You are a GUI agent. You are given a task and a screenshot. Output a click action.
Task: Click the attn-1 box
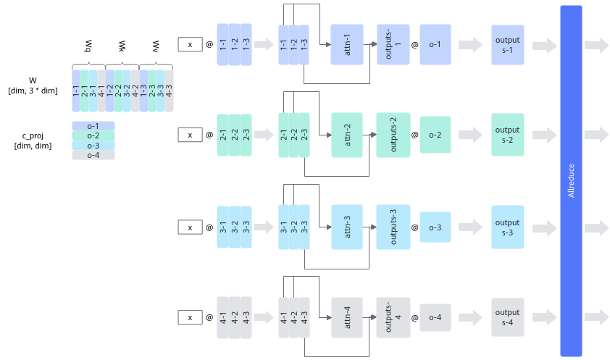coord(347,44)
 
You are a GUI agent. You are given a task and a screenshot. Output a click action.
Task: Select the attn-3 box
coord(347,227)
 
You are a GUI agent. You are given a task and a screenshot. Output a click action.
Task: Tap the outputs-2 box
coord(393,135)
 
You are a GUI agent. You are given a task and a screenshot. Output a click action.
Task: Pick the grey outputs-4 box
coord(393,317)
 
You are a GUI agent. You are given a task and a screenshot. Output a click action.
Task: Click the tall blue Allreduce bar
coord(571,181)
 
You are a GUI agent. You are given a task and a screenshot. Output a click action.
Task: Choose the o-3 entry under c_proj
coord(93,146)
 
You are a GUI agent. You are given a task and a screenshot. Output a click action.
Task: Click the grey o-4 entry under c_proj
coord(93,155)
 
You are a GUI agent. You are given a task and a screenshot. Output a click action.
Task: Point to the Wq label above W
coord(88,46)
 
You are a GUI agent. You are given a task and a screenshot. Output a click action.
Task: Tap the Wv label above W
coord(156,46)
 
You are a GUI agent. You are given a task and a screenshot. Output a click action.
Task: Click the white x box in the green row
coord(191,135)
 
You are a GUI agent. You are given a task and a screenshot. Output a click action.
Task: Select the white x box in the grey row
coord(191,317)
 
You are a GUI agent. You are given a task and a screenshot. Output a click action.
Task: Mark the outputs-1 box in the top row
coord(393,44)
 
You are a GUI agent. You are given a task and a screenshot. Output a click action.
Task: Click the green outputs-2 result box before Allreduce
coord(507,135)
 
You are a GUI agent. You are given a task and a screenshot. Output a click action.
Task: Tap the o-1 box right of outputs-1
coord(435,44)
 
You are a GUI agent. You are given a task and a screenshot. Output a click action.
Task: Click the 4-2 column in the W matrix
coord(135,91)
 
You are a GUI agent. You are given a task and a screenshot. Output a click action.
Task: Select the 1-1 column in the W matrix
coord(76,91)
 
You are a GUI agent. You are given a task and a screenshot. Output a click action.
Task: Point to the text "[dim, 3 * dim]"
coord(33,91)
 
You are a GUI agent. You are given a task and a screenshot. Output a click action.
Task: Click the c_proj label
coord(33,135)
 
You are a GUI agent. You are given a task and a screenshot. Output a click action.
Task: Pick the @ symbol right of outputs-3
coord(414,227)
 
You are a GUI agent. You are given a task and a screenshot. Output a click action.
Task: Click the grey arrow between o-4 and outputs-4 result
coord(470,317)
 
